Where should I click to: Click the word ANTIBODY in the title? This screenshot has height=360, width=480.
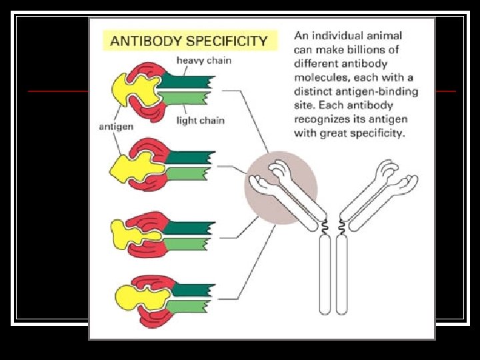[143, 41]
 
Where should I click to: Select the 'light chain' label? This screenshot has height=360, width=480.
[201, 121]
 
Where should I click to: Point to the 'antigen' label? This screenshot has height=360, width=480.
[116, 127]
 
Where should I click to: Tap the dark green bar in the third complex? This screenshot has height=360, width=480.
[189, 227]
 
